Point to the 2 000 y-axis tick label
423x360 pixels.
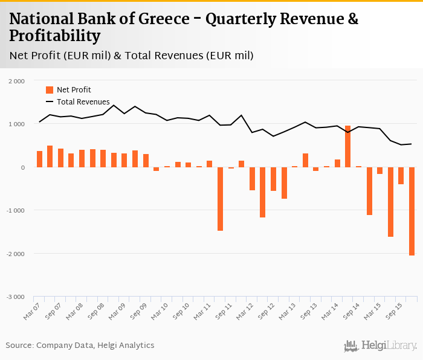click(x=16, y=81)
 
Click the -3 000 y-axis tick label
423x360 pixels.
click(x=15, y=297)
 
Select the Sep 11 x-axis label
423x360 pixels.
click(x=225, y=311)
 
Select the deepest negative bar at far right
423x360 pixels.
click(x=412, y=211)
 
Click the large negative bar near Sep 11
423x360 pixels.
click(x=220, y=199)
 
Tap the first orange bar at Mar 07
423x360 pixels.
click(x=39, y=159)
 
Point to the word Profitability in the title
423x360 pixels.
click(x=54, y=36)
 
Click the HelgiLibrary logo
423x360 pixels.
click(x=380, y=346)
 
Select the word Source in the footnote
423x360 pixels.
click(x=19, y=346)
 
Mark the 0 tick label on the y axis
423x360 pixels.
click(x=22, y=167)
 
